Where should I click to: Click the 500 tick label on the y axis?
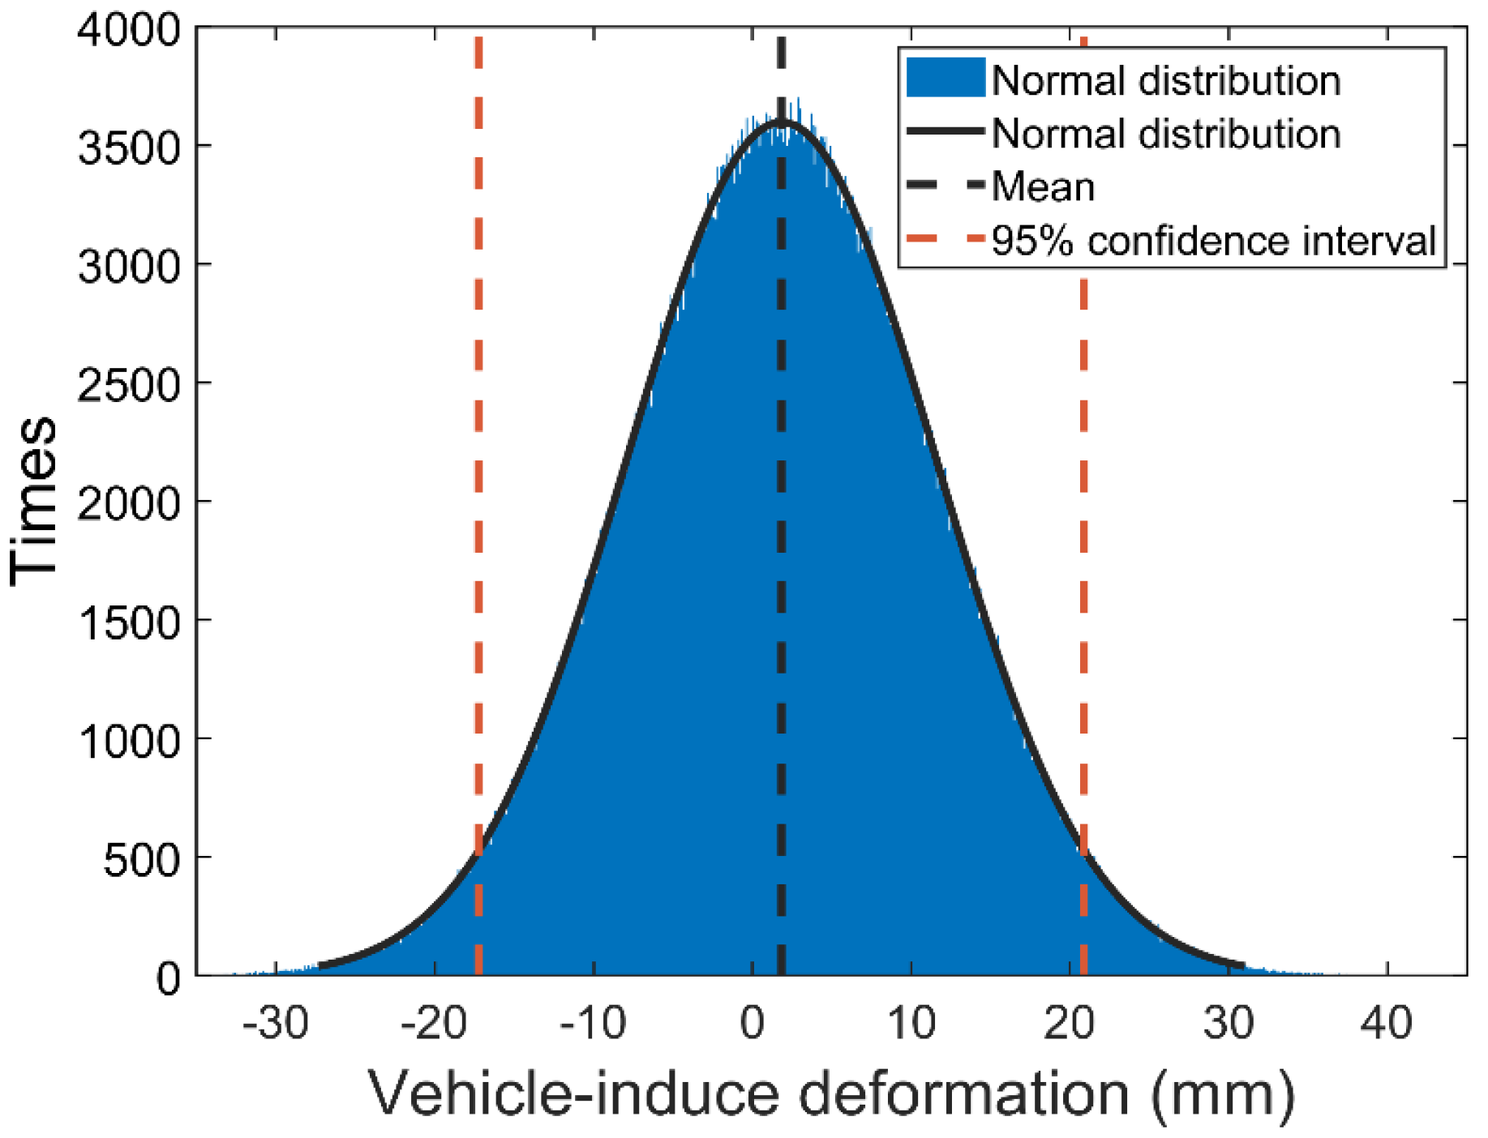point(141,860)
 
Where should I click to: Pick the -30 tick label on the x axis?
point(276,1023)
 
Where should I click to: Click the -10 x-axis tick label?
point(594,1023)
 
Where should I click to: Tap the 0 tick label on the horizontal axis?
point(753,1023)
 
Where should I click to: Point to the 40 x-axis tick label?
point(1387,1023)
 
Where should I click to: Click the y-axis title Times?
point(34,501)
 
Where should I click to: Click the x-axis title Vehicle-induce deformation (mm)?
point(831,1094)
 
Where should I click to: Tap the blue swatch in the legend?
point(945,79)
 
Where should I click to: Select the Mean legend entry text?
point(1043,187)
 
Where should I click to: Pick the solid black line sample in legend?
point(945,132)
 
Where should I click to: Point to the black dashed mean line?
point(781,567)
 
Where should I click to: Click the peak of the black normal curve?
point(781,122)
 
